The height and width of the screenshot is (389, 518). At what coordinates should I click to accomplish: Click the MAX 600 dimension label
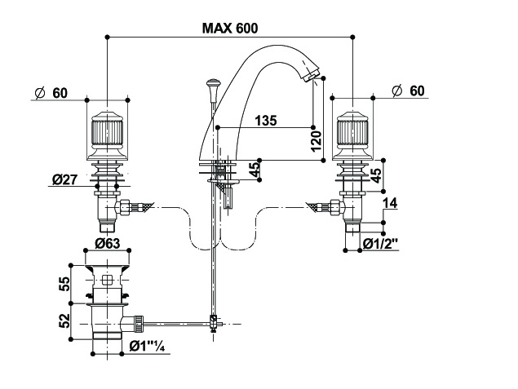230,29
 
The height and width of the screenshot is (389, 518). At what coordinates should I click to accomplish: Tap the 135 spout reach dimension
266,121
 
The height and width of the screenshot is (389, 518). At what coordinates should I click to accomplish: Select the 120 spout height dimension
317,140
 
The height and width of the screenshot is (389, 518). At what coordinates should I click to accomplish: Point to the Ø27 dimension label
64,180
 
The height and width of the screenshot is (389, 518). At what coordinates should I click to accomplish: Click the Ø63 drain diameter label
108,244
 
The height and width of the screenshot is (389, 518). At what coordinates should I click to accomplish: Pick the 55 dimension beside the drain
64,284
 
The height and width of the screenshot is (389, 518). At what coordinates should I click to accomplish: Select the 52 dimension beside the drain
64,320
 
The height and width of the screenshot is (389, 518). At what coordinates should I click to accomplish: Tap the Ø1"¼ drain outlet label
147,347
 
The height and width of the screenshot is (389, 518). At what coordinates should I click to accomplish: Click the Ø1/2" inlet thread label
381,245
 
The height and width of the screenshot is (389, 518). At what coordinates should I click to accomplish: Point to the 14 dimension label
390,203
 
